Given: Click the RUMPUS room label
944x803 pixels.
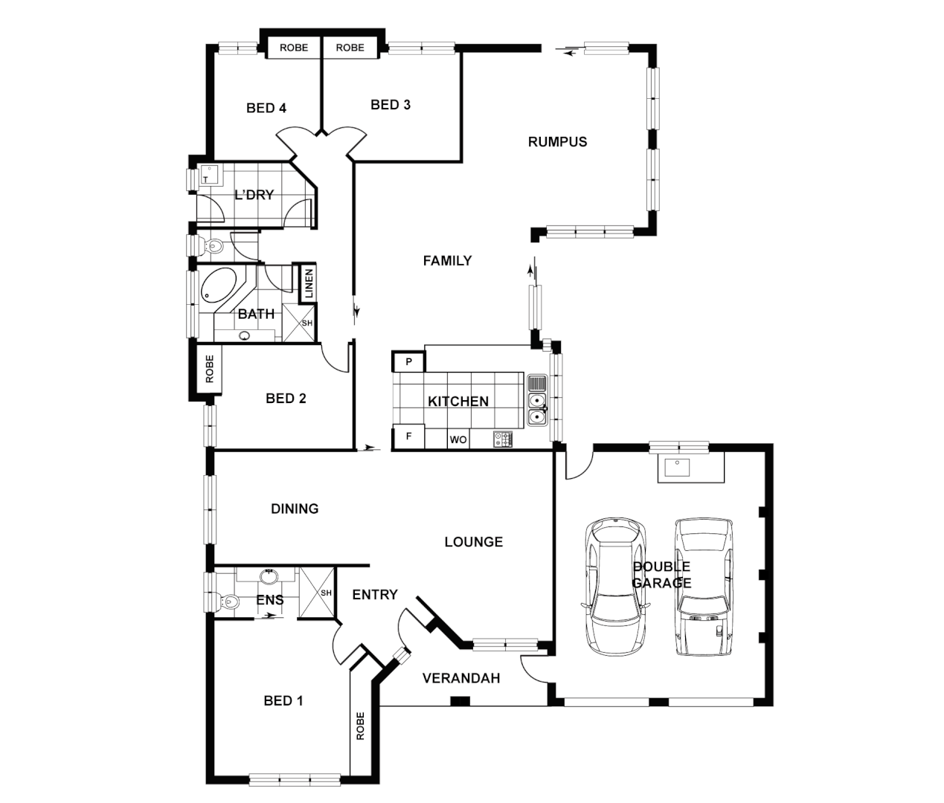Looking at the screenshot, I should [557, 142].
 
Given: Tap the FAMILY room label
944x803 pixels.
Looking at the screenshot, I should [447, 261].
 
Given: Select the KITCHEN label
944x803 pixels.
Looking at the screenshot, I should [458, 401].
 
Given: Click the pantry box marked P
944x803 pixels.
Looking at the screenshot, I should [408, 362].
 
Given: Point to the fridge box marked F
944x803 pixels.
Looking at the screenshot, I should [408, 437].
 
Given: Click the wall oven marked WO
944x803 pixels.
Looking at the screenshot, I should [458, 440].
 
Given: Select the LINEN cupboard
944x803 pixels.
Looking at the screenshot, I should [308, 283].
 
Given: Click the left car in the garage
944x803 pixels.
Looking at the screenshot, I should [615, 585].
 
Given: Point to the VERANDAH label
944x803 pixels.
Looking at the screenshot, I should [461, 678].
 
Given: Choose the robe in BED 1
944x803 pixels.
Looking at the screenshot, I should [361, 726].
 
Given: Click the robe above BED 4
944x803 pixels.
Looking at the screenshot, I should [294, 48].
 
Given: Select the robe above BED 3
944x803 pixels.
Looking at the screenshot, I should [350, 48].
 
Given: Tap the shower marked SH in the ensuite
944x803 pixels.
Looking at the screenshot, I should [318, 593].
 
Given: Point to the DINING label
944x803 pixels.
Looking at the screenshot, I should [295, 509].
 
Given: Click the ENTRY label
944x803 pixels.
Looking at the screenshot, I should [375, 595].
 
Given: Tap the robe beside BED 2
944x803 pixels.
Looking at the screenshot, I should [209, 369].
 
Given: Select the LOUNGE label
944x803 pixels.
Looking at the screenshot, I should [474, 542].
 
